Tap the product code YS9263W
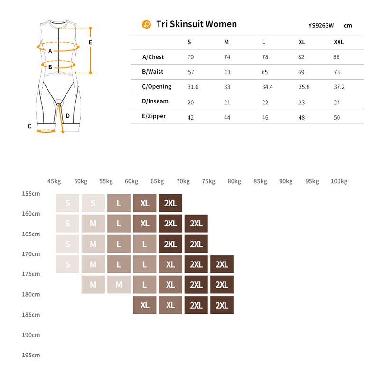click(321, 26)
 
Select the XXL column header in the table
click(338, 42)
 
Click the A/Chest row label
click(153, 57)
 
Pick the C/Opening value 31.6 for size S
click(193, 87)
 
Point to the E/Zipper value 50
click(337, 117)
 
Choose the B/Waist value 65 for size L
click(264, 72)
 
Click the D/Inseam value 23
click(301, 102)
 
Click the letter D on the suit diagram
click(68, 115)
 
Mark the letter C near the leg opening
click(29, 126)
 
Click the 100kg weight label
click(339, 181)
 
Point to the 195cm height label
click(31, 355)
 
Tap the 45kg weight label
click(54, 181)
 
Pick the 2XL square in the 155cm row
click(170, 203)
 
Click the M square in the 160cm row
click(93, 223)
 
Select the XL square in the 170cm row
click(170, 264)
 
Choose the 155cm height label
click(31, 194)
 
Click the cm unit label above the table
click(348, 26)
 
